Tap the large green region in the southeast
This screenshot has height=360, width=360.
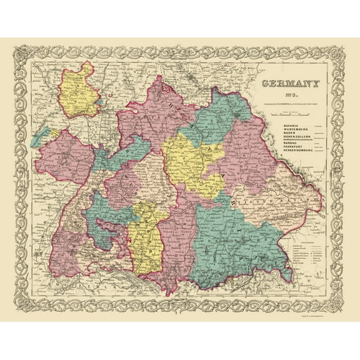click(234, 237)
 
